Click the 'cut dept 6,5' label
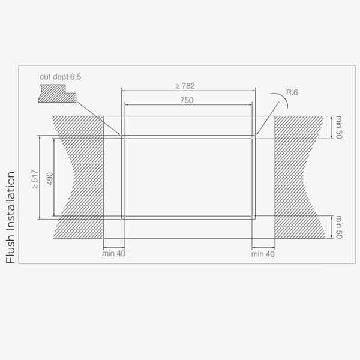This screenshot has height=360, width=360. [x=61, y=77]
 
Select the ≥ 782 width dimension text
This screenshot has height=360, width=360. [x=185, y=86]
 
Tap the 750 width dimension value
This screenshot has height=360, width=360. [x=187, y=100]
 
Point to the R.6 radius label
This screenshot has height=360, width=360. [x=292, y=92]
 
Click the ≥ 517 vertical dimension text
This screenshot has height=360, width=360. [x=35, y=179]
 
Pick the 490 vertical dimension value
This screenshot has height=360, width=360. [x=50, y=179]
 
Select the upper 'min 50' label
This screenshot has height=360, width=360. [x=339, y=127]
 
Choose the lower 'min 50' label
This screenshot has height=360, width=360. [x=339, y=227]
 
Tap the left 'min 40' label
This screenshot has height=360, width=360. [x=114, y=253]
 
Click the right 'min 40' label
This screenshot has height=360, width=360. [x=263, y=254]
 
